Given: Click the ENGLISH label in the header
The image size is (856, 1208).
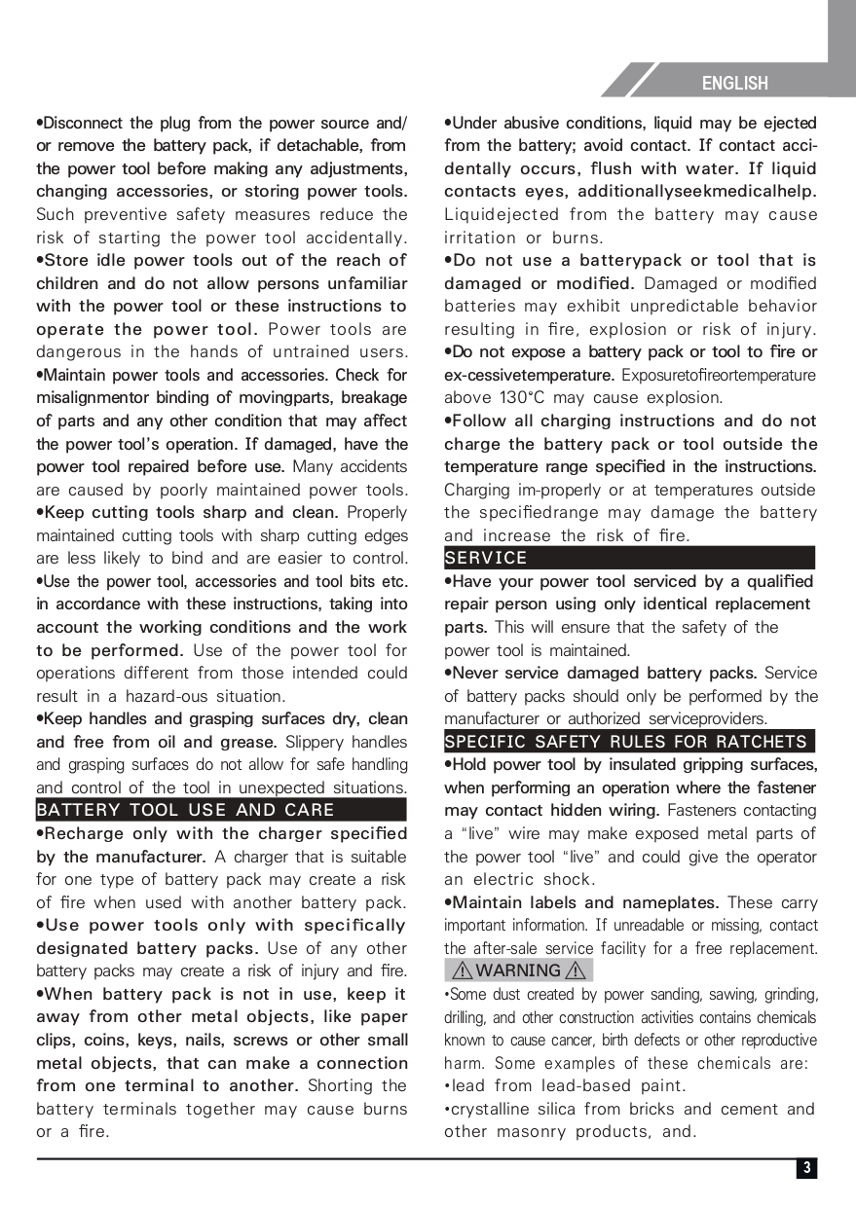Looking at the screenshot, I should click(x=734, y=84).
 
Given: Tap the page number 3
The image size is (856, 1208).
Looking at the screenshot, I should click(x=806, y=1168).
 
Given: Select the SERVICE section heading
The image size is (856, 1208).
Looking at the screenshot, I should click(x=486, y=558).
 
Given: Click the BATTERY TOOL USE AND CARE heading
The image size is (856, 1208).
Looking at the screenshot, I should click(x=185, y=810).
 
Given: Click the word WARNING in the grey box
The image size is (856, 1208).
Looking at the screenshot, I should click(x=518, y=970).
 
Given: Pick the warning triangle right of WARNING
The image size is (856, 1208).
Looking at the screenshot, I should click(x=577, y=970).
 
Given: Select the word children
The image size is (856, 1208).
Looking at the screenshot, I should click(x=67, y=283).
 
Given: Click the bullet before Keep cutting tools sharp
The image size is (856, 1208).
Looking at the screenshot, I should click(x=40, y=512).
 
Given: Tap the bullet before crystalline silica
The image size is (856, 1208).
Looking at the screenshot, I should click(x=447, y=1109).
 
